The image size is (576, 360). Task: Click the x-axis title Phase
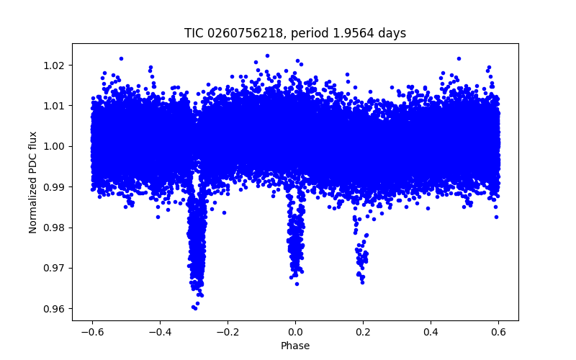point(295,346)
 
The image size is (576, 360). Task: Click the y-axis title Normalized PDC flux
point(33,181)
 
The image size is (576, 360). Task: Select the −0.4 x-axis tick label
point(160,332)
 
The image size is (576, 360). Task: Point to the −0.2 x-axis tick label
point(228,332)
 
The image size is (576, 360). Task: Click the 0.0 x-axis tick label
point(295,332)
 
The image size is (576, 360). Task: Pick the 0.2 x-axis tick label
point(363,332)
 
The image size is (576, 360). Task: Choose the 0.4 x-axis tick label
point(431,332)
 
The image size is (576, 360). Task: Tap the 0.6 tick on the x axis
point(498,332)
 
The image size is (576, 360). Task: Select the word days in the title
point(391,33)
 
